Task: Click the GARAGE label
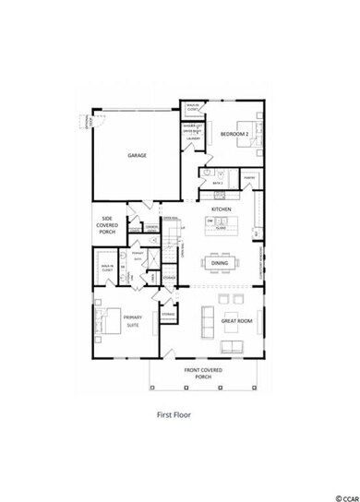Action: [138, 156]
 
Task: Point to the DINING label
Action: [220, 263]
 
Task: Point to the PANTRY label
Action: [249, 176]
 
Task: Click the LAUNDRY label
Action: [194, 138]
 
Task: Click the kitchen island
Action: [221, 224]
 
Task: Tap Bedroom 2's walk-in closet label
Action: [192, 106]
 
